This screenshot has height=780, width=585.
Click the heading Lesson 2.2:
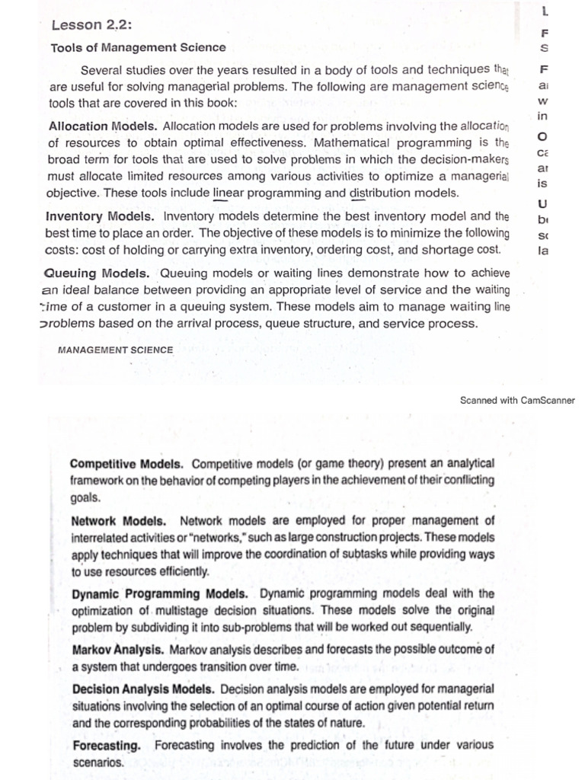pos(91,24)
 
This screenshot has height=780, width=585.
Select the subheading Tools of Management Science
pos(138,47)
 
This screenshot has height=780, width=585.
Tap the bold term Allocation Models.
pos(104,126)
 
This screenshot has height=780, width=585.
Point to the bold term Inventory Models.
pos(101,216)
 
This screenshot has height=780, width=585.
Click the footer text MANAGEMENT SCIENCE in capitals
pos(115,350)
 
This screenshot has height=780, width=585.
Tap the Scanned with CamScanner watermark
pos(517,400)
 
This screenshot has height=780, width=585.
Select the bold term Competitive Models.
pos(126,463)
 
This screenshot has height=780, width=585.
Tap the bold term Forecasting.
pos(106,745)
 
